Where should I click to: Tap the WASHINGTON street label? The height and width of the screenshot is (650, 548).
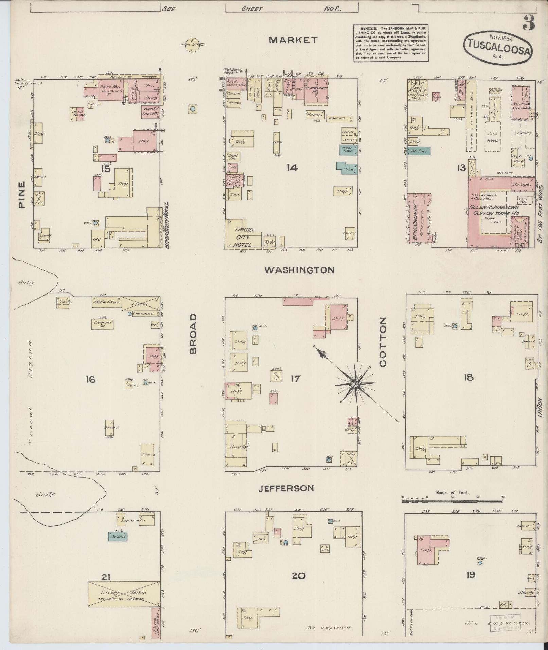point(299,270)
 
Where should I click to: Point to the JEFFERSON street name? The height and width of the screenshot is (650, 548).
point(285,488)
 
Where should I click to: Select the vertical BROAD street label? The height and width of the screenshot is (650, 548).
point(193,334)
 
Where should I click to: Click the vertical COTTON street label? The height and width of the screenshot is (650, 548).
point(383,342)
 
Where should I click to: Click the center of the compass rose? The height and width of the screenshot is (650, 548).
point(355,384)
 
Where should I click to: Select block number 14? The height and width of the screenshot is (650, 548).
point(292,168)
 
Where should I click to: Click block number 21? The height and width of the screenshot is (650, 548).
point(106,577)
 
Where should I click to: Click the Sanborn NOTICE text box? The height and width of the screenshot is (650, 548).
point(391,43)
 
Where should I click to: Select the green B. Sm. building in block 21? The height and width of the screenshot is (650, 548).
point(118,536)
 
